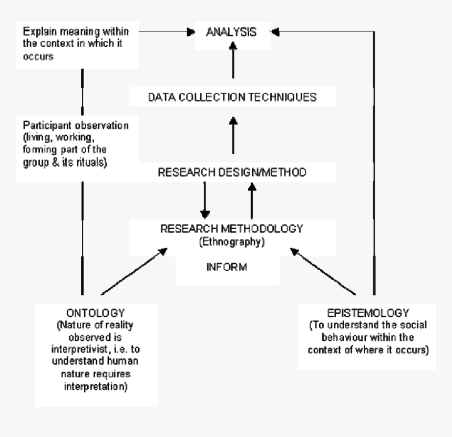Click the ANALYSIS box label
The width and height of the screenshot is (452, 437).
232,33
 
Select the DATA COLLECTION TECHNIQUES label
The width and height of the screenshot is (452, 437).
232,98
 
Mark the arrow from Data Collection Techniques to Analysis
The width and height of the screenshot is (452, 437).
232,60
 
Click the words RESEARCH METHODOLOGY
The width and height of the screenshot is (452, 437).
232,229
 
